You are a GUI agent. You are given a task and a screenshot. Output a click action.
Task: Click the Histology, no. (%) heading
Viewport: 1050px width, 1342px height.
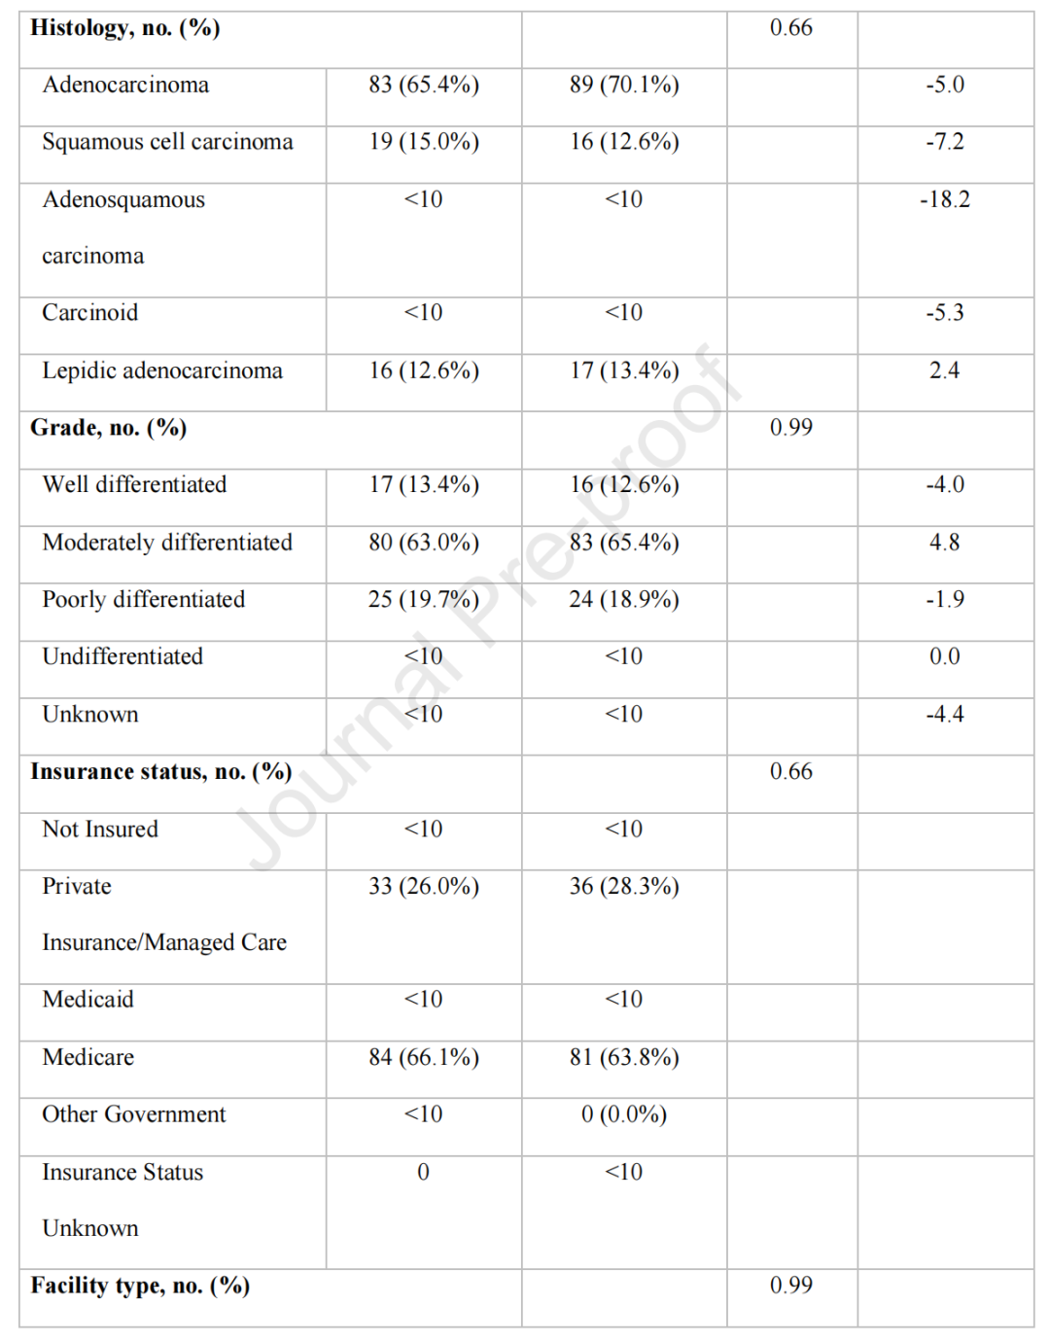pos(125,27)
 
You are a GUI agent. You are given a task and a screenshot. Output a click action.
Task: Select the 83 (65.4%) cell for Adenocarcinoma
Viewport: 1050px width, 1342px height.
pos(423,85)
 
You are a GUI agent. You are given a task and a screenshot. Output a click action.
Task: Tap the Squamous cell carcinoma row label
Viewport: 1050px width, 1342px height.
pos(167,142)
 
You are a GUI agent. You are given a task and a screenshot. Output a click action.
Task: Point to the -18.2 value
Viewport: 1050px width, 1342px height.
pos(944,199)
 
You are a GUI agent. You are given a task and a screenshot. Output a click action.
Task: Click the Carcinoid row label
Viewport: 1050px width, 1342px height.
pos(90,312)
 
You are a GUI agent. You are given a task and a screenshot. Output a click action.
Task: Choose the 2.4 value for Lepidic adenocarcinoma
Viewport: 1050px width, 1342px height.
pos(944,371)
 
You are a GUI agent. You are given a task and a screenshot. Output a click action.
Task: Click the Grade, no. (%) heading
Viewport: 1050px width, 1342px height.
pos(108,428)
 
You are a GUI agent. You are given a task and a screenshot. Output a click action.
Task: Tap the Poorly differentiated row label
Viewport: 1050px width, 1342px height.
pos(144,599)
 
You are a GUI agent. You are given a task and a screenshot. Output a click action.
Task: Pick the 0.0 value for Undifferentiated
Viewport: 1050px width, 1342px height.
pos(944,656)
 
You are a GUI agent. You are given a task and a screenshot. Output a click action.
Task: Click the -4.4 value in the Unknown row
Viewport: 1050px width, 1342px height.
pos(944,714)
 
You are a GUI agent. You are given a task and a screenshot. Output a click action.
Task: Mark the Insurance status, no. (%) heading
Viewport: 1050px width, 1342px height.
pos(160,771)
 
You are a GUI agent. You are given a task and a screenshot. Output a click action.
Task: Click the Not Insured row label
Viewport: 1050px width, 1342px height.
pos(100,829)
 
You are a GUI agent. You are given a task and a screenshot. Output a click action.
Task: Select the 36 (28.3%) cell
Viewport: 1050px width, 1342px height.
pos(624,886)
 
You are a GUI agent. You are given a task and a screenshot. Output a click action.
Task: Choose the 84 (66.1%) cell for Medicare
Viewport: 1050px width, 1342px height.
pos(423,1057)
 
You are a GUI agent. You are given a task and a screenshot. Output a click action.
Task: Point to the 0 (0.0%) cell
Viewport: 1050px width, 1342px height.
pos(624,1114)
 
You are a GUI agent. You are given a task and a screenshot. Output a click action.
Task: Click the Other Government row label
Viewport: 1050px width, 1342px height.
pos(134,1114)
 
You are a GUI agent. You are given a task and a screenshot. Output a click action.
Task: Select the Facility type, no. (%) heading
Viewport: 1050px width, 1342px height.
pos(140,1286)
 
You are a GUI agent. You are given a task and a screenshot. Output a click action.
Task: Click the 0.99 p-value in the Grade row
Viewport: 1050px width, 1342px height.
pos(790,428)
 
